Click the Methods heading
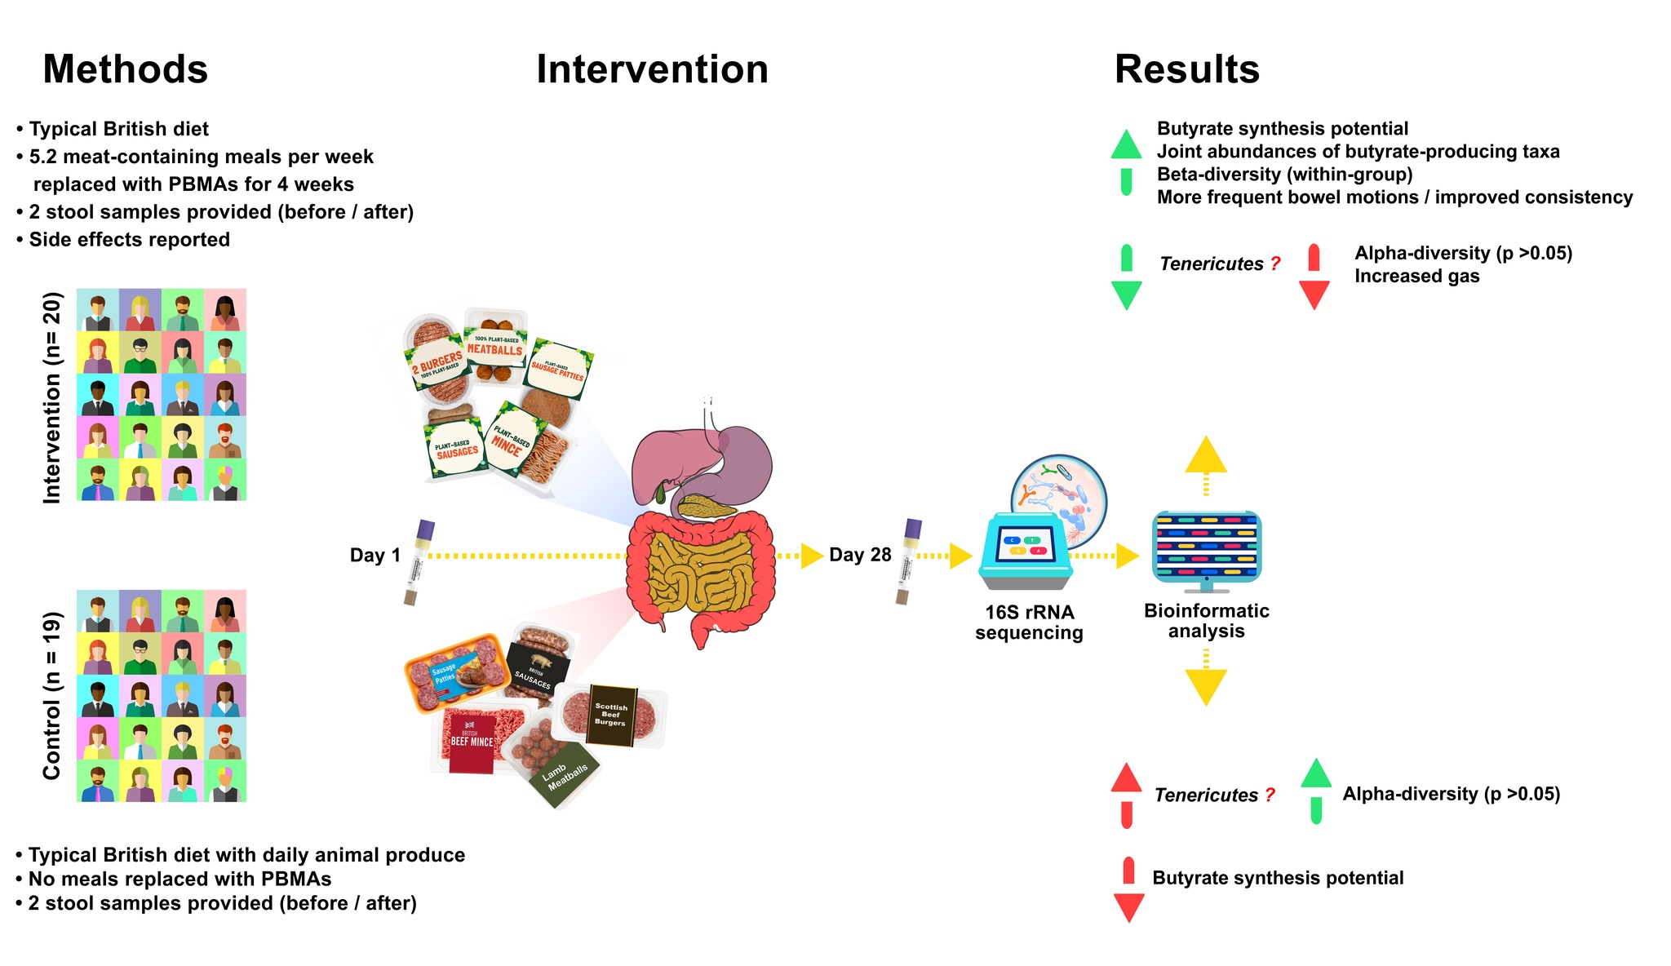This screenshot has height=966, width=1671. (125, 69)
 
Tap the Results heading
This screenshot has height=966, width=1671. (1186, 69)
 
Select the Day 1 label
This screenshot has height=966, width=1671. (375, 556)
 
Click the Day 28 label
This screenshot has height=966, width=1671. (860, 555)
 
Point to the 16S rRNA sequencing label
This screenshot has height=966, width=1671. (1029, 623)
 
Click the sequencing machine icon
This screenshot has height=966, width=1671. (1026, 551)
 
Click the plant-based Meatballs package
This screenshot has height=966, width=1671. (494, 347)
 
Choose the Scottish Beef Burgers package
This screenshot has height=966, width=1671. (611, 715)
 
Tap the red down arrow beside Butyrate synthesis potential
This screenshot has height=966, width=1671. (1128, 891)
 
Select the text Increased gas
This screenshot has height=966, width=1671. (1416, 276)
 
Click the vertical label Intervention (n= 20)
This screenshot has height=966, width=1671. (51, 397)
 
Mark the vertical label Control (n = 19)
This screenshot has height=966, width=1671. (51, 695)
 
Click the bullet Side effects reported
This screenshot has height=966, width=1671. (129, 240)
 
